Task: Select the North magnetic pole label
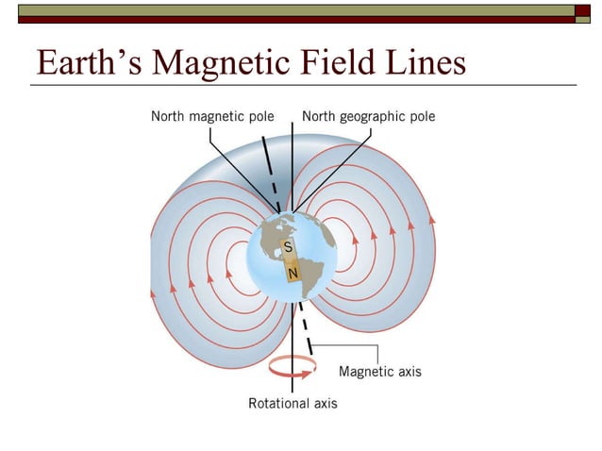pyautogui.click(x=212, y=117)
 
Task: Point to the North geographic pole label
pyautogui.click(x=368, y=117)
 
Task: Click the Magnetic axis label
pyautogui.click(x=379, y=372)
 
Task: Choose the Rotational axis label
pyautogui.click(x=293, y=403)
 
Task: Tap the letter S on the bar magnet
pyautogui.click(x=288, y=247)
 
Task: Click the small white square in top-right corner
pyautogui.click(x=583, y=10)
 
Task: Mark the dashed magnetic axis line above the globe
pyautogui.click(x=270, y=175)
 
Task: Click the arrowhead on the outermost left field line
pyautogui.click(x=152, y=293)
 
